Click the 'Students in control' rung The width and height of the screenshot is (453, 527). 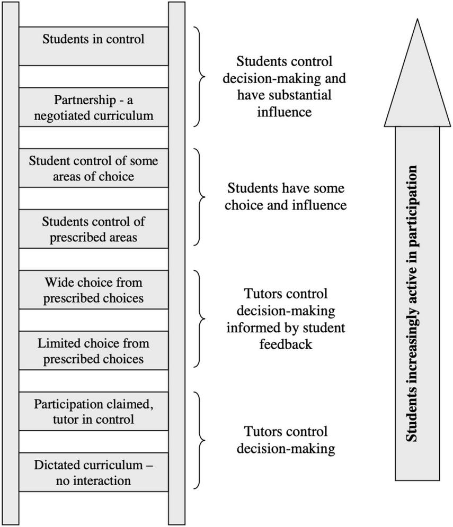point(93,46)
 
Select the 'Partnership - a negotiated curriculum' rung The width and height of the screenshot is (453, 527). point(93,107)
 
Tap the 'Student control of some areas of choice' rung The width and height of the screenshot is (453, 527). point(93,168)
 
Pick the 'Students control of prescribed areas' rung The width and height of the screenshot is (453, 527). point(93,229)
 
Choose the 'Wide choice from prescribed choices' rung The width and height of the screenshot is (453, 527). point(93,290)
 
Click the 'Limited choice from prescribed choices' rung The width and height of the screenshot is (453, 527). point(93,351)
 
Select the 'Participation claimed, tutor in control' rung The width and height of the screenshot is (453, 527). point(93,412)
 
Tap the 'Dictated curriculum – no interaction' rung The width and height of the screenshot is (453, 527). point(93,473)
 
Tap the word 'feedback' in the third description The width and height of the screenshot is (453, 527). point(286,344)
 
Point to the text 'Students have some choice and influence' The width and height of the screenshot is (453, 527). point(286,196)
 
